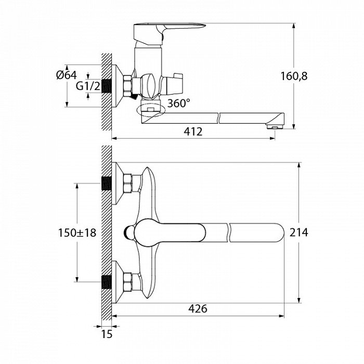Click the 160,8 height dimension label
(294, 76)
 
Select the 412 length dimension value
(193, 132)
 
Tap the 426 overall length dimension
(198, 309)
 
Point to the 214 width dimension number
(299, 232)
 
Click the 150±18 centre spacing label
(77, 233)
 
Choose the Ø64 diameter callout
(67, 75)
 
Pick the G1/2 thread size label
(88, 86)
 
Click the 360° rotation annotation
(178, 103)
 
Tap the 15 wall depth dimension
(107, 334)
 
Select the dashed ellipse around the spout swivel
(151, 110)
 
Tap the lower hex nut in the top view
(128, 282)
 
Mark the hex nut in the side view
(127, 86)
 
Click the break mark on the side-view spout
(219, 118)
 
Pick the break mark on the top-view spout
(228, 233)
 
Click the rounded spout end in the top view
(280, 233)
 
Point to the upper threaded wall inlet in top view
(107, 184)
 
